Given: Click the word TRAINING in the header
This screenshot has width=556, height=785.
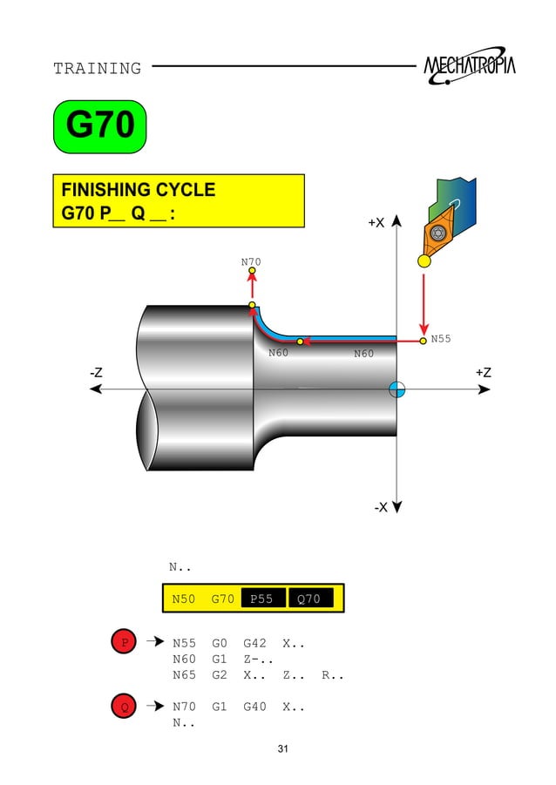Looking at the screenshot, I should (97, 68).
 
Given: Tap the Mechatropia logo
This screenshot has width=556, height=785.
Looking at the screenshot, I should (469, 67).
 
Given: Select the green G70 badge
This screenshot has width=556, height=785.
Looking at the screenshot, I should (99, 127).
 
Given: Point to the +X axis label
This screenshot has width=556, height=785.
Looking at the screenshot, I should (376, 223).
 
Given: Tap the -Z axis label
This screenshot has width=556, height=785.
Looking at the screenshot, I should (97, 372).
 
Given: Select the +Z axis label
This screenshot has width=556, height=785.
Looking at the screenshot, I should (483, 372).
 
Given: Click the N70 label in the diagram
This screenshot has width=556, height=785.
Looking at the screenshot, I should (251, 261).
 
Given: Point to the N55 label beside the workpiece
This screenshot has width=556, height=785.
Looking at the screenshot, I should (441, 339).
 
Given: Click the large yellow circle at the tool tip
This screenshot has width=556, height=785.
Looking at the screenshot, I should (424, 261).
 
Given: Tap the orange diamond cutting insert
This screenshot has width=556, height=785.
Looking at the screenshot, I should (436, 233).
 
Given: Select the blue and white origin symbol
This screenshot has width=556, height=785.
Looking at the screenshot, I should (397, 389).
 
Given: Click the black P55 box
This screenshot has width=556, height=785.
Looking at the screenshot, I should (261, 599).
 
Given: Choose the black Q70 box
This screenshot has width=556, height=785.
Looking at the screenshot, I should (309, 599).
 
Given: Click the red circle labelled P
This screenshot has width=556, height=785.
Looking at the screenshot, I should (125, 643).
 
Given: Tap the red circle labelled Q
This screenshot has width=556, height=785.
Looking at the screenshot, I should (125, 707).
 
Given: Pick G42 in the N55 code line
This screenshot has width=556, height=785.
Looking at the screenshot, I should (254, 644).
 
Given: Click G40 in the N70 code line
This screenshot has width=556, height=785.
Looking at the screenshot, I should (254, 707).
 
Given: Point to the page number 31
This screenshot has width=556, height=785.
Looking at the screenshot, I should (281, 749).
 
